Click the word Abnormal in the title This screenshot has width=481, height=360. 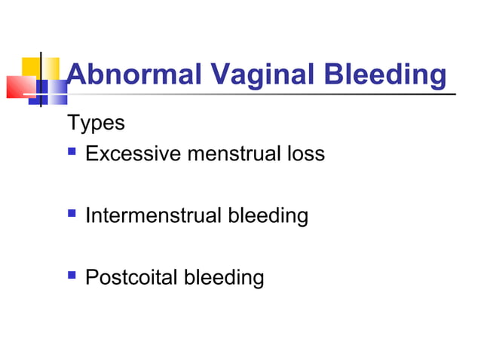point(133,75)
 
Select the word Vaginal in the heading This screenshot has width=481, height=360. point(250,75)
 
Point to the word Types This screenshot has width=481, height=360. point(96,122)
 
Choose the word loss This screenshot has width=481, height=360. point(307,154)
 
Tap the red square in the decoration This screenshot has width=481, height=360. point(18,87)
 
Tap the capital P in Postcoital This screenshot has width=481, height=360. point(92,278)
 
